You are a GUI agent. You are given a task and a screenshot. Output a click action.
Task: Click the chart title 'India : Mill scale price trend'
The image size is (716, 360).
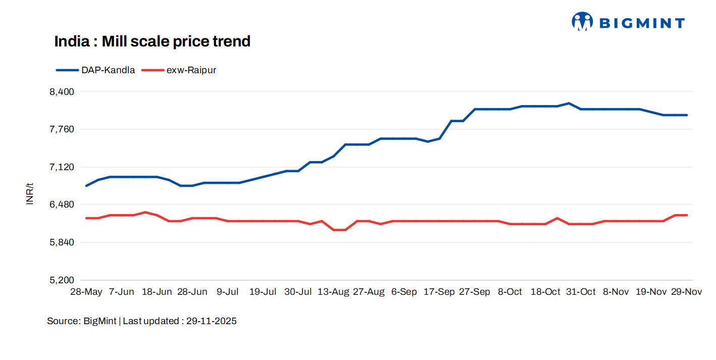152,41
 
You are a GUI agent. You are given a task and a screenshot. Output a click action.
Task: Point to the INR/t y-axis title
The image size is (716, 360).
30,193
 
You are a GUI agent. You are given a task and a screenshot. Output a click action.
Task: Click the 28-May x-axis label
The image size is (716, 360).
86,292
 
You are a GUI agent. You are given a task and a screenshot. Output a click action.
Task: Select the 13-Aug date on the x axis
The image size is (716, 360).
333,292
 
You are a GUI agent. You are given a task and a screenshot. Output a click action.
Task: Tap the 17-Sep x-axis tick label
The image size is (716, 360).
439,292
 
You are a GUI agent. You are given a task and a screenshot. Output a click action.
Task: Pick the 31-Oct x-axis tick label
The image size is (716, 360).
581,292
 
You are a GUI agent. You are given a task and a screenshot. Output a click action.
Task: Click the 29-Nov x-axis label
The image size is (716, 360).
686,292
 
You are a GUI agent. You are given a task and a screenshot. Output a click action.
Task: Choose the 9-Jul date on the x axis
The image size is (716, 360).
228,292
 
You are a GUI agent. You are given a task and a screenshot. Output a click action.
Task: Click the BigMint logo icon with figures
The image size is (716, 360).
582,22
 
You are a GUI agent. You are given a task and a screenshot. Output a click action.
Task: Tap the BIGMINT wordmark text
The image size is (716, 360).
642,23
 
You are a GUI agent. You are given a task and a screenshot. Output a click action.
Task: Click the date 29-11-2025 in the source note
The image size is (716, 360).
212,321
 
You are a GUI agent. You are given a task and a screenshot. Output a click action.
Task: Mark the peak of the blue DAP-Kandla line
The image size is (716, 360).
569,103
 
